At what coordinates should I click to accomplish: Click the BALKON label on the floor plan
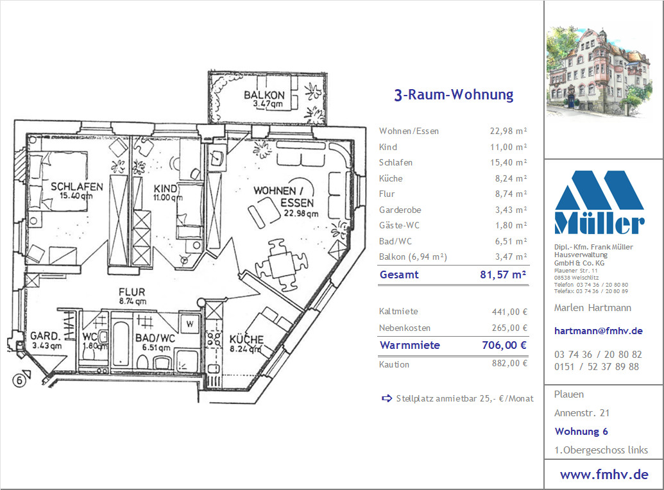click(264, 95)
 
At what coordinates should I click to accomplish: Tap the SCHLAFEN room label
click(76, 187)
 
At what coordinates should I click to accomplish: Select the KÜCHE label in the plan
click(246, 339)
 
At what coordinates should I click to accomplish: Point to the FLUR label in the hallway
click(132, 292)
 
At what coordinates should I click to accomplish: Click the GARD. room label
click(46, 336)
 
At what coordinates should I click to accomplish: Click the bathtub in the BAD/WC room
click(121, 344)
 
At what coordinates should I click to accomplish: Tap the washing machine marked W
click(189, 325)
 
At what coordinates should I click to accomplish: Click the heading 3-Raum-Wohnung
click(454, 94)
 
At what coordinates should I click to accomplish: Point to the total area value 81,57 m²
click(503, 275)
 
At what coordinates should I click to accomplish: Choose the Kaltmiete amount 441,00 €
click(509, 312)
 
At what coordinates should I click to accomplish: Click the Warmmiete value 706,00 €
click(504, 345)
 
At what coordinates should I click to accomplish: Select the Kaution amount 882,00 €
click(509, 363)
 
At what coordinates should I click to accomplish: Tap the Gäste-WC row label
click(399, 225)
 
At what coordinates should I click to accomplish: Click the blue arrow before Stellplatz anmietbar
click(387, 398)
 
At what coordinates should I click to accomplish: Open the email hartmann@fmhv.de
click(599, 331)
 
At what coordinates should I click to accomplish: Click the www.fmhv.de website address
click(604, 475)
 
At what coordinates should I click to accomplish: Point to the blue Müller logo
click(599, 203)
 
